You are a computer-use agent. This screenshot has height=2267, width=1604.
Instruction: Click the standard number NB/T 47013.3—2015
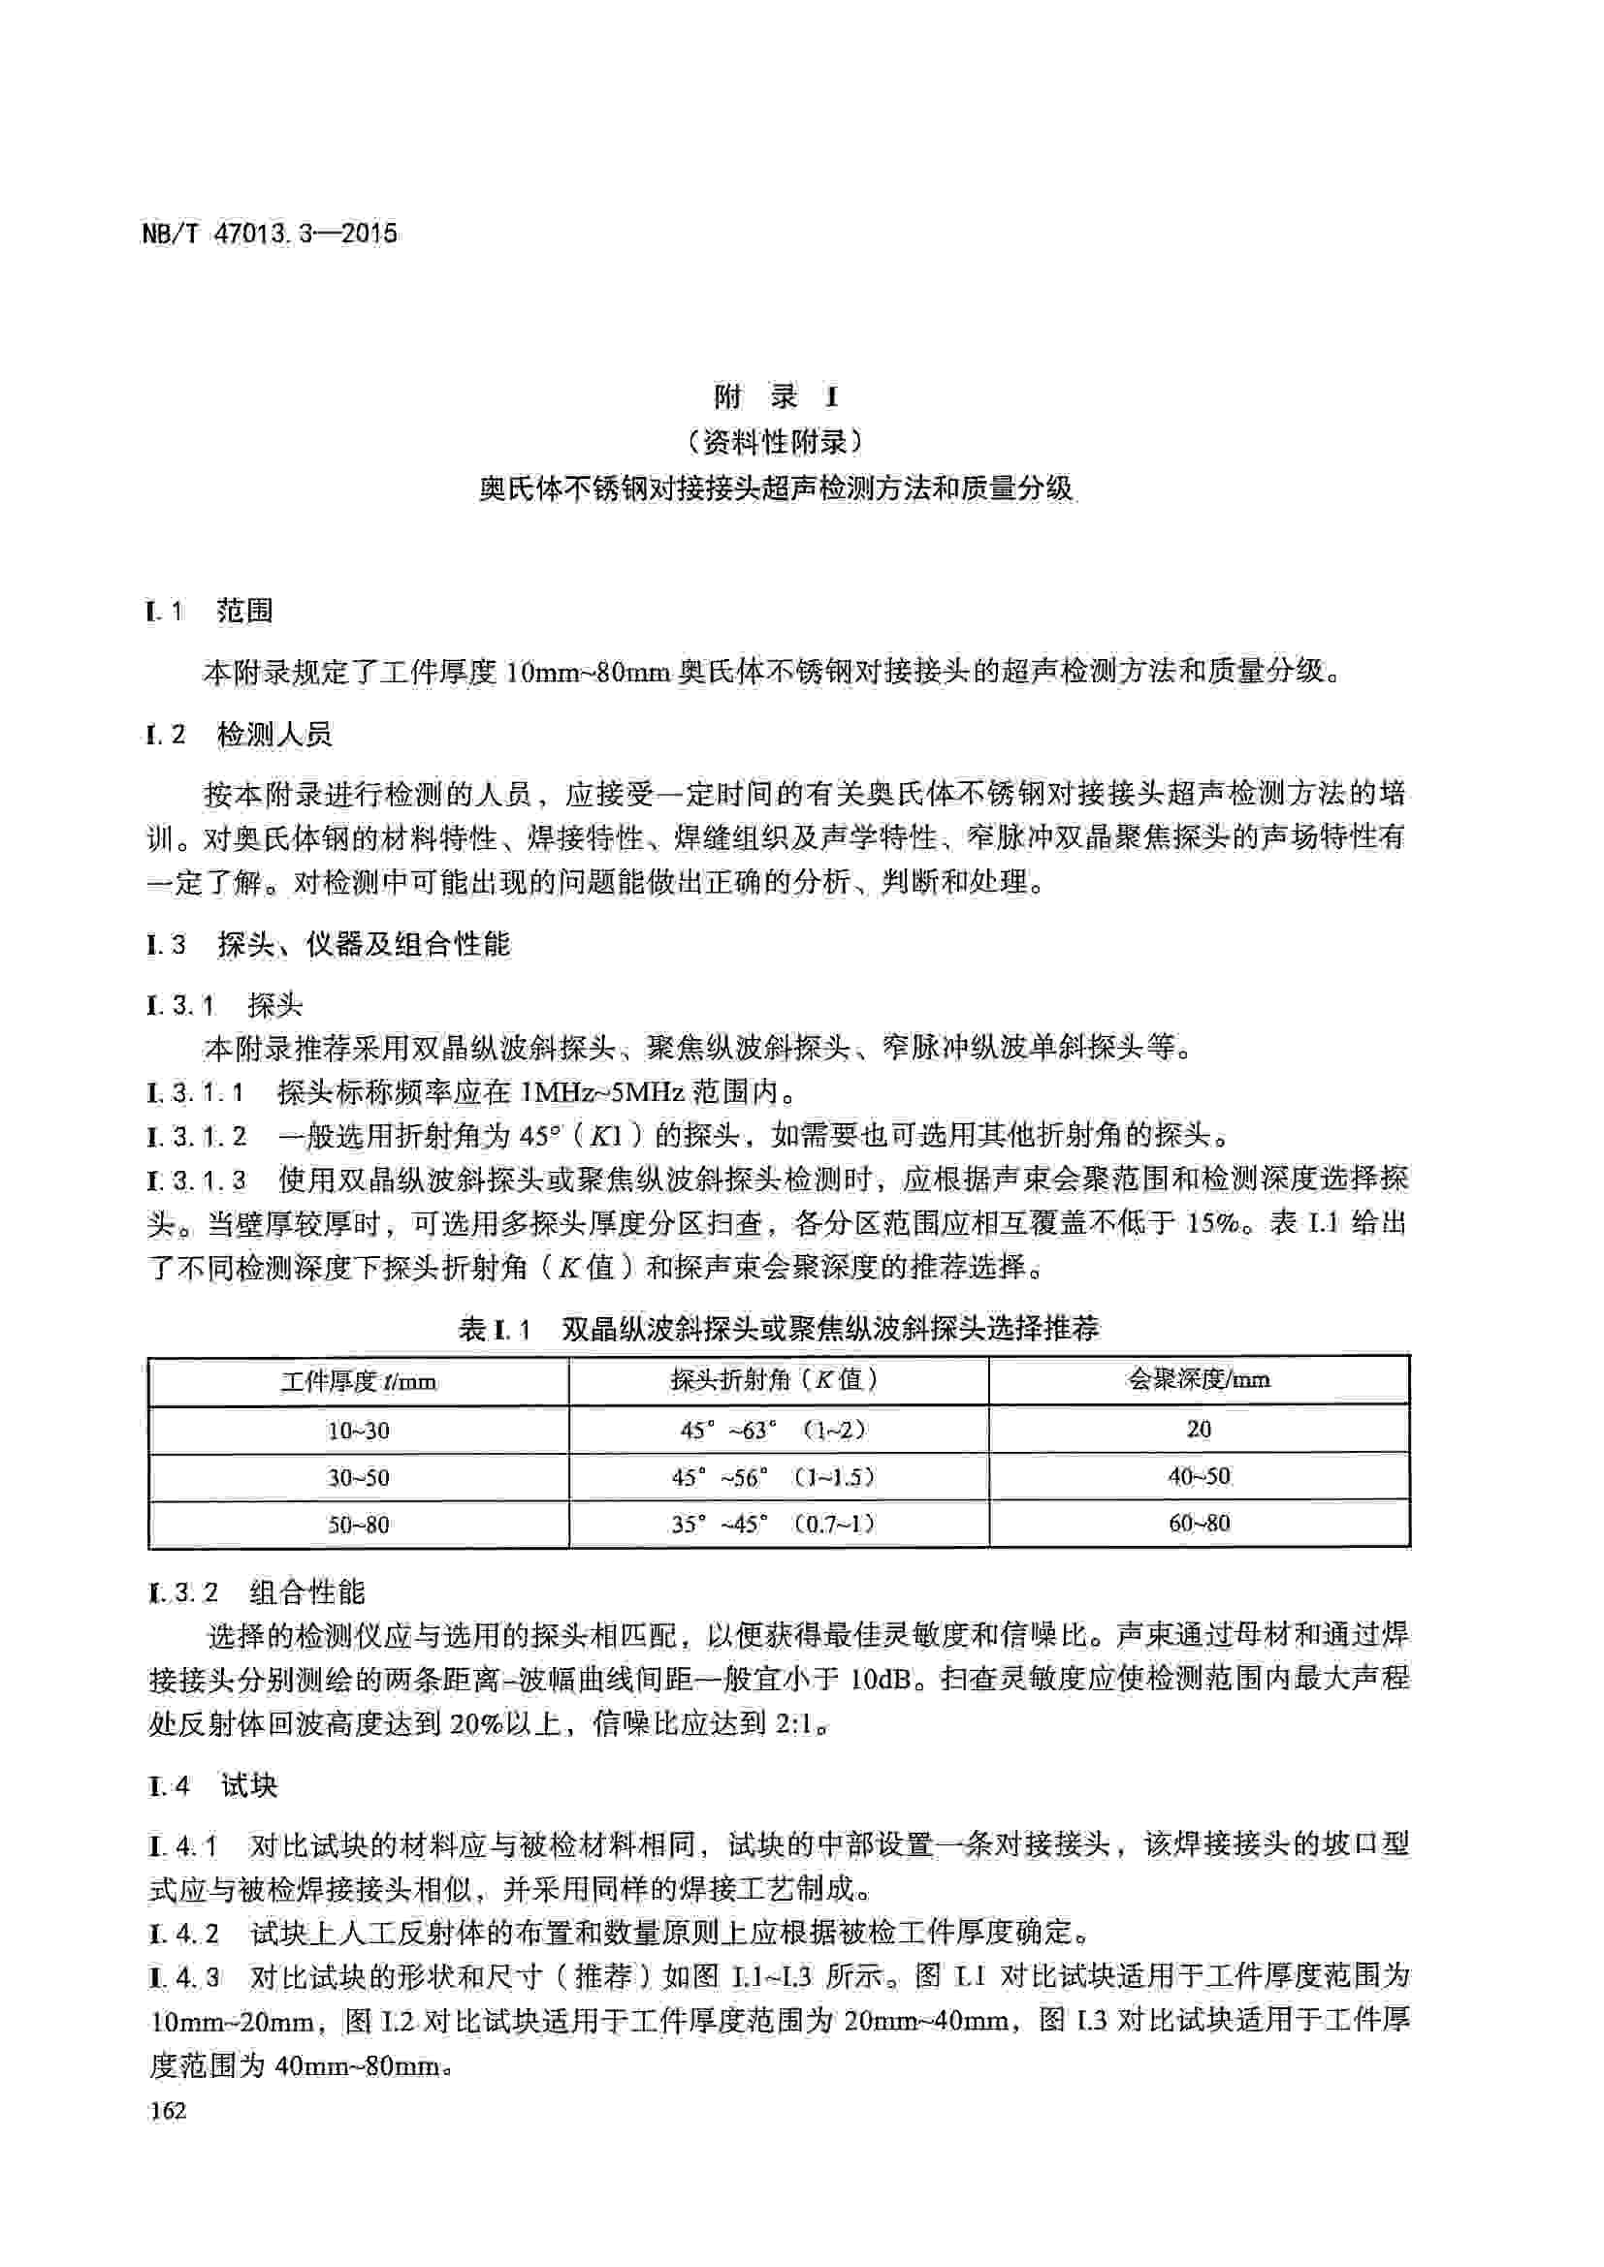click(x=270, y=234)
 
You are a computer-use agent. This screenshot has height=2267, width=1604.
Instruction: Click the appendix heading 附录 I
click(x=777, y=397)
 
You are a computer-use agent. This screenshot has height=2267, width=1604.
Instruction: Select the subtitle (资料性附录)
click(x=777, y=442)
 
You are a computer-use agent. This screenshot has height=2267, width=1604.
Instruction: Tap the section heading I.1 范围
click(x=209, y=612)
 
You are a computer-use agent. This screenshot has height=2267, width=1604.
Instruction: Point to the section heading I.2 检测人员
click(x=239, y=735)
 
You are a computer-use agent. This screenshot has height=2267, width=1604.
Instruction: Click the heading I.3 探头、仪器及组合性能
click(x=329, y=945)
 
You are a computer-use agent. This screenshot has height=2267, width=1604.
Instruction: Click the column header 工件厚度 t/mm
click(x=359, y=1380)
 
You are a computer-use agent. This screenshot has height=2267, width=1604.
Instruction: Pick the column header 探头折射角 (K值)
click(x=778, y=1379)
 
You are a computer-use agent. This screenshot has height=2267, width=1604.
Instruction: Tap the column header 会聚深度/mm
click(x=1199, y=1378)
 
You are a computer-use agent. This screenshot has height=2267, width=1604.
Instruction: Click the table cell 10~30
click(x=359, y=1430)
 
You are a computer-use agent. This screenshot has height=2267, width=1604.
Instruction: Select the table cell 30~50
click(x=359, y=1478)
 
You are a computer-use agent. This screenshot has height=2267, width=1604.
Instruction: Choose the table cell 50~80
click(x=359, y=1525)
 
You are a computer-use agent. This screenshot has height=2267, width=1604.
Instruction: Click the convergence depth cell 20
click(x=1199, y=1429)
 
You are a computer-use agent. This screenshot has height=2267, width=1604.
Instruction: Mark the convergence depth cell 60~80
click(x=1199, y=1524)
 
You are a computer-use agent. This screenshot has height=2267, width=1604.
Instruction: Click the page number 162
click(x=167, y=2111)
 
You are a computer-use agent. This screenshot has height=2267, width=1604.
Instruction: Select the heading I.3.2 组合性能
click(x=256, y=1591)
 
